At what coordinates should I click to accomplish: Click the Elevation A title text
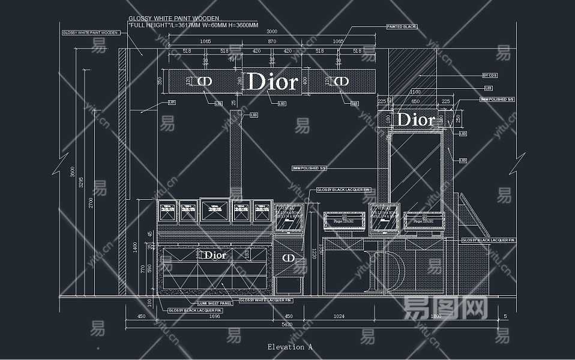(290, 347)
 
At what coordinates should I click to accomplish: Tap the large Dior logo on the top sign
(272, 82)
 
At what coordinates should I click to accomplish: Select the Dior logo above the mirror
(415, 119)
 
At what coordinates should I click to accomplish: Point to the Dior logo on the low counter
(215, 255)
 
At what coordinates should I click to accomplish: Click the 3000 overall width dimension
(272, 32)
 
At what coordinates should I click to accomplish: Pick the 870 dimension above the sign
(272, 41)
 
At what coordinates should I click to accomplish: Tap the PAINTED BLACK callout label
(402, 27)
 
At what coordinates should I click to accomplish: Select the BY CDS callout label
(490, 76)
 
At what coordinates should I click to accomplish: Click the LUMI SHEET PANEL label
(215, 303)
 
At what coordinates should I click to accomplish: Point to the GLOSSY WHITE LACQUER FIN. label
(266, 299)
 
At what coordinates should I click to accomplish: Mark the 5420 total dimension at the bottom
(287, 325)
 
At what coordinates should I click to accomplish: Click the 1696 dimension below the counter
(214, 316)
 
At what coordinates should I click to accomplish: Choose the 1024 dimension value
(339, 316)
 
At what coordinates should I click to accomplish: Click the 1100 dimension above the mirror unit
(415, 92)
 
